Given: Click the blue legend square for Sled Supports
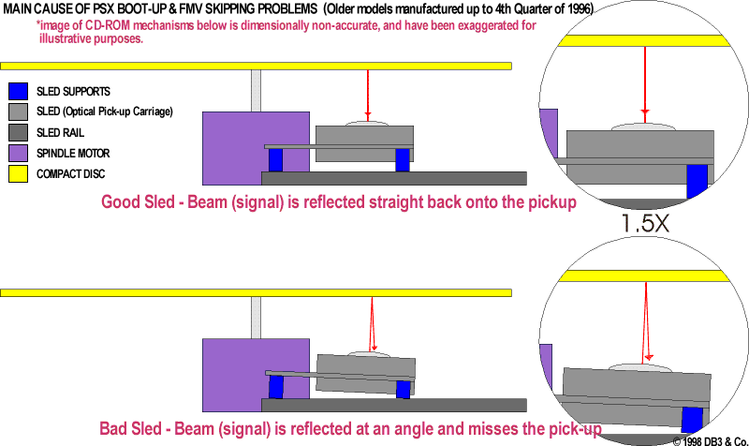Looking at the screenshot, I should (x=18, y=92).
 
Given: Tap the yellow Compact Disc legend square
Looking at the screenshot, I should (x=18, y=173).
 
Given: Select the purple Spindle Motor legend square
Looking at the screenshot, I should (x=18, y=153).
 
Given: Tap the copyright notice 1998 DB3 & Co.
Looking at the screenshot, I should (x=710, y=439).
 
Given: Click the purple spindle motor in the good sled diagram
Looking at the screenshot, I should (x=229, y=145).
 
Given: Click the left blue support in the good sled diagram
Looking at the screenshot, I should (x=275, y=160).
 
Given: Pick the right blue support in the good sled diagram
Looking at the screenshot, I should (x=403, y=160).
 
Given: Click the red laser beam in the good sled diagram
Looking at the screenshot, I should (x=368, y=94).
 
